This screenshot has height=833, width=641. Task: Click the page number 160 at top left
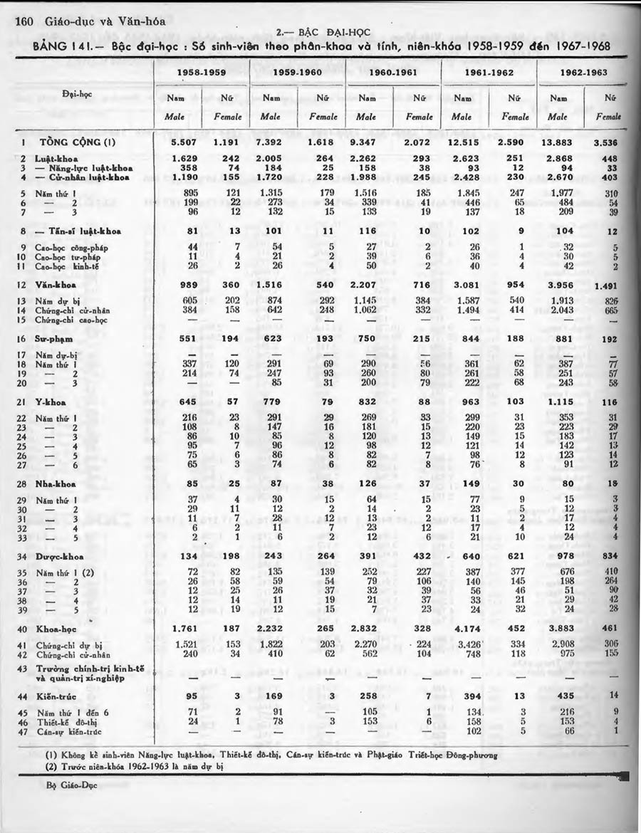[24, 21]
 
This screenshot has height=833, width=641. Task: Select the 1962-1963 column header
[583, 72]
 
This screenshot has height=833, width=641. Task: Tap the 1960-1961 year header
[392, 72]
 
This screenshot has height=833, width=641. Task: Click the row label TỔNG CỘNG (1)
[68, 142]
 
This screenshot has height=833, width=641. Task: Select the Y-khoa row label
[52, 403]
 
